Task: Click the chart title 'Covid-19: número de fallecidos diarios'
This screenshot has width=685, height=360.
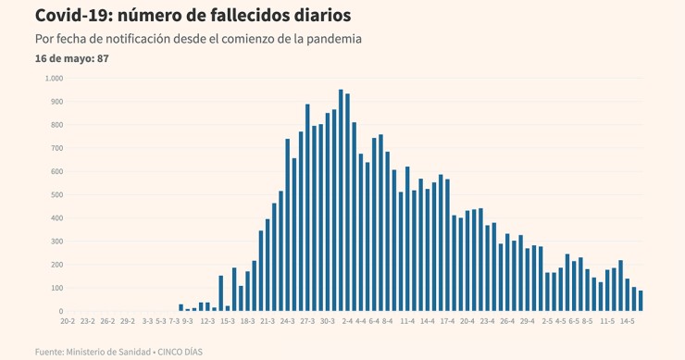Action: [x=193, y=16]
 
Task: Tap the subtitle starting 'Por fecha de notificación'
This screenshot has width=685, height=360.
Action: [x=197, y=40]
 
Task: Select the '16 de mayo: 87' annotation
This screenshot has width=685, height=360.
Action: [x=72, y=58]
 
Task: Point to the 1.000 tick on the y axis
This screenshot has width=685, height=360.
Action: [x=53, y=78]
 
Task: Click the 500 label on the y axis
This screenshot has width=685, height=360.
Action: [x=56, y=194]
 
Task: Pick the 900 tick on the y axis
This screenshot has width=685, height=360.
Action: [x=56, y=101]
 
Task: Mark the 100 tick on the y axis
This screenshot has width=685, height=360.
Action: [x=56, y=288]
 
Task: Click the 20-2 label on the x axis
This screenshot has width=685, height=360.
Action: [x=68, y=322]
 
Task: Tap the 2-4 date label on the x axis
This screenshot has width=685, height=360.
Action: [x=347, y=322]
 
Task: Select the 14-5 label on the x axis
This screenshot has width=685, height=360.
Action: [x=627, y=322]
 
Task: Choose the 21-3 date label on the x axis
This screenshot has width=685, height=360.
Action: [x=268, y=322]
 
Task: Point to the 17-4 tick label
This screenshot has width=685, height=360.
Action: [x=447, y=322]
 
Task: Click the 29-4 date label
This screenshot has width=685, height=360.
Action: [x=527, y=322]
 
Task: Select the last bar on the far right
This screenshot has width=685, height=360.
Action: [x=640, y=302]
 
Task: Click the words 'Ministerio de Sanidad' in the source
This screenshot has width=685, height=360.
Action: [x=109, y=352]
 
